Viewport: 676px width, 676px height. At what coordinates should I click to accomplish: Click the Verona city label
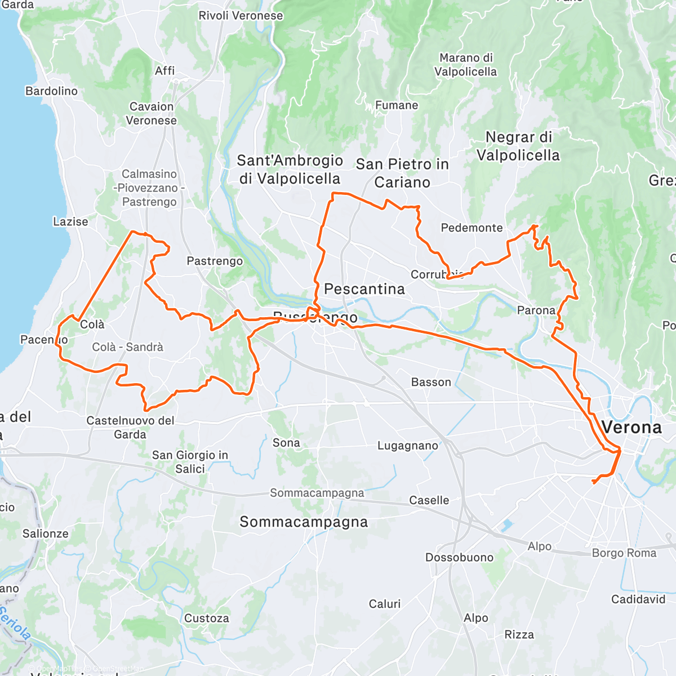click(631, 428)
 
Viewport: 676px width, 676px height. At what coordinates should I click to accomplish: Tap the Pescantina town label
click(364, 289)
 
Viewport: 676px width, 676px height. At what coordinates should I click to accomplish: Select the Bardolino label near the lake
click(51, 91)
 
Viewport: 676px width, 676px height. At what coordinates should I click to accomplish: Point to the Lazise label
click(70, 221)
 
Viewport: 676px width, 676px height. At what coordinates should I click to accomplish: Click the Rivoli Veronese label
click(241, 16)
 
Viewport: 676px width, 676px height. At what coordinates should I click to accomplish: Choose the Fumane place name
click(397, 105)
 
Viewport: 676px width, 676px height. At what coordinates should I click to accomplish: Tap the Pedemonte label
click(472, 228)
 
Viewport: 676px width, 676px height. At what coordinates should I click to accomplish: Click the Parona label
click(536, 310)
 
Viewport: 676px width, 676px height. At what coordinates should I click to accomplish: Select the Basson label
click(431, 382)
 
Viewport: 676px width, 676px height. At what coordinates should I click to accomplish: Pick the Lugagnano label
click(407, 446)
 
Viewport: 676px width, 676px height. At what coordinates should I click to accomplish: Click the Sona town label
click(286, 443)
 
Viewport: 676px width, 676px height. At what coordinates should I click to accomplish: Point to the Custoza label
click(206, 618)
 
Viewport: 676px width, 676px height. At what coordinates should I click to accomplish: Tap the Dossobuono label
click(459, 557)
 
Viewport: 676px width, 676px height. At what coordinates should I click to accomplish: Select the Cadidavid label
click(638, 599)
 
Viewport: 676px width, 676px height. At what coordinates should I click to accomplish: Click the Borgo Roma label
click(624, 553)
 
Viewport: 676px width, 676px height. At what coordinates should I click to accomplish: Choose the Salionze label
click(45, 533)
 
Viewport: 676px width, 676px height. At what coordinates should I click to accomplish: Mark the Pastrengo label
click(215, 261)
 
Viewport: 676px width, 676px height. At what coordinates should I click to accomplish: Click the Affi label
click(164, 70)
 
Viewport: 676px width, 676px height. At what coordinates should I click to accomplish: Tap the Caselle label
click(429, 500)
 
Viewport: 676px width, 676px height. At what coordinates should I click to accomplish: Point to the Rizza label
click(519, 634)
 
